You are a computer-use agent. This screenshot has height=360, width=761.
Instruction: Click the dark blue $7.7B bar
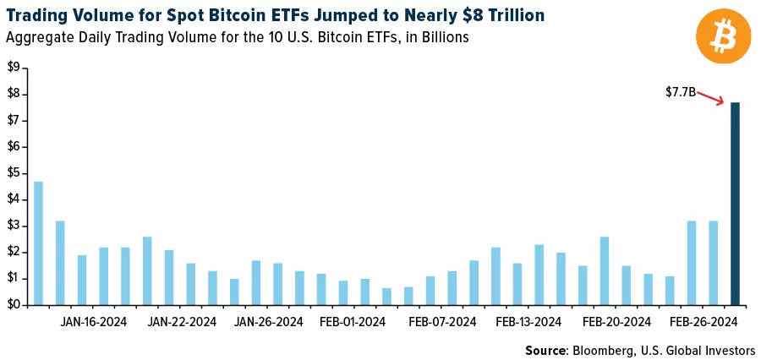pos(735,203)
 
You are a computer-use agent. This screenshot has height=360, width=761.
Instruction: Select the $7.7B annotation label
pos(680,91)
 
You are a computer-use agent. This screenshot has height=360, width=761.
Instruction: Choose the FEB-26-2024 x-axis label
pos(704,322)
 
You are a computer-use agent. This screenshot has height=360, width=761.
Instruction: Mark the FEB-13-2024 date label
pos(529,322)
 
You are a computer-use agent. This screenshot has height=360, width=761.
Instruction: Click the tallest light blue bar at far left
pos(38,243)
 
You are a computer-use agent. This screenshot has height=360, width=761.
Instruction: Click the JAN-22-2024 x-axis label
pos(182,322)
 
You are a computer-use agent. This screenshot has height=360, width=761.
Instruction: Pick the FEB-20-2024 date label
pos(617,322)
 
